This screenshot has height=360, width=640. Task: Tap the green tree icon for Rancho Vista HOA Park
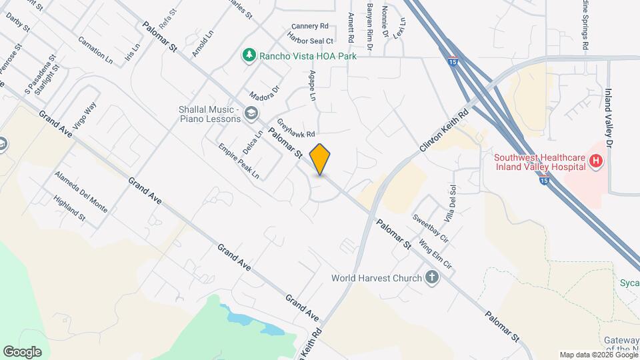click(249, 55)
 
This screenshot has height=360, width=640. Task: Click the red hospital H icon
click(597, 161)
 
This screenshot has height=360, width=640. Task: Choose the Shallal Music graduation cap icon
click(251, 113)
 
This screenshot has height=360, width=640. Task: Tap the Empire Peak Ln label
click(239, 161)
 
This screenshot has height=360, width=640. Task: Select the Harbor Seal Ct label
click(311, 39)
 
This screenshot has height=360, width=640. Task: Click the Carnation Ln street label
click(95, 49)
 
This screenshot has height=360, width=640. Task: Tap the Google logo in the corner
click(22, 351)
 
